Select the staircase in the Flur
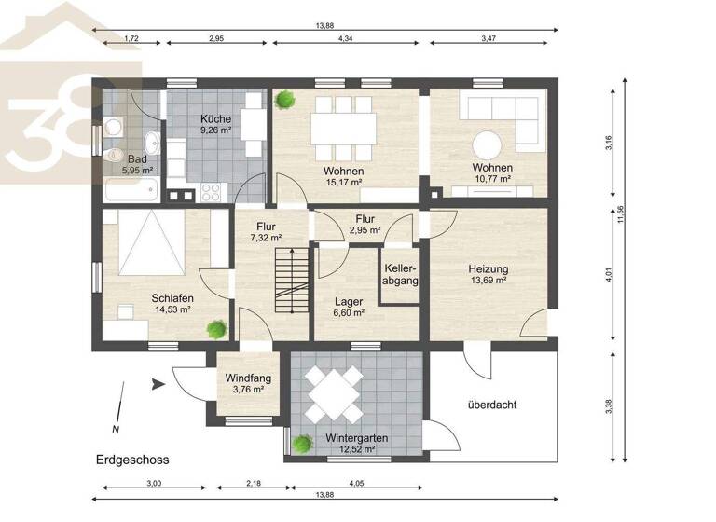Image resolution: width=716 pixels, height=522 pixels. click(293, 280)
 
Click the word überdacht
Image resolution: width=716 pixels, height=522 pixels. click(492, 405)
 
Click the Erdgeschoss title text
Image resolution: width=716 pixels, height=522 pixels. click(131, 460)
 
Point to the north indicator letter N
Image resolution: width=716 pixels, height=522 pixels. click(116, 430)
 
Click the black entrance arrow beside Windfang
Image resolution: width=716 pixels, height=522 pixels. click(158, 381)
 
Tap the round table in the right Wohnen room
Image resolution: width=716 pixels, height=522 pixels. click(488, 144)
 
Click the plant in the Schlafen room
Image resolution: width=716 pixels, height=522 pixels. click(217, 328)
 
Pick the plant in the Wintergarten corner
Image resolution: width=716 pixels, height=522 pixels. click(301, 445)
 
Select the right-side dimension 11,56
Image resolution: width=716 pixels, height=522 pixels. click(621, 214)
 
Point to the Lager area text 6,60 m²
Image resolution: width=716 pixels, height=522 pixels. click(350, 313)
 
